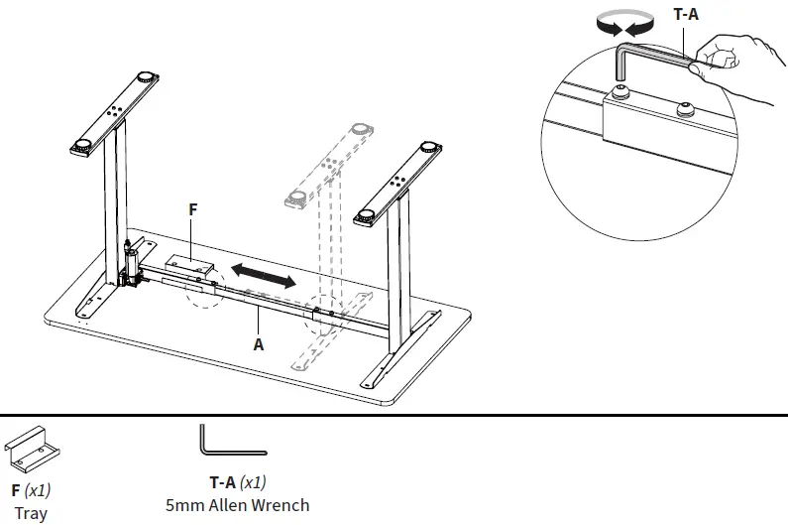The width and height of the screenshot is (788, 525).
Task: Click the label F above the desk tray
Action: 194,210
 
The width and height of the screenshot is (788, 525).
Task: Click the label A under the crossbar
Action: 259,344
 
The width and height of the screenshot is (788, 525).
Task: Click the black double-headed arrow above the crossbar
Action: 263,276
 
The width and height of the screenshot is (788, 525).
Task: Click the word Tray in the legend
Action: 31,513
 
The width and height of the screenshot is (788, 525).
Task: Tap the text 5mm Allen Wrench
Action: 237,504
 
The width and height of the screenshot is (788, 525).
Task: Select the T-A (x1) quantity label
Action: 237,482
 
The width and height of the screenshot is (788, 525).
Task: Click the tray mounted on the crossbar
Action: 189,264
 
